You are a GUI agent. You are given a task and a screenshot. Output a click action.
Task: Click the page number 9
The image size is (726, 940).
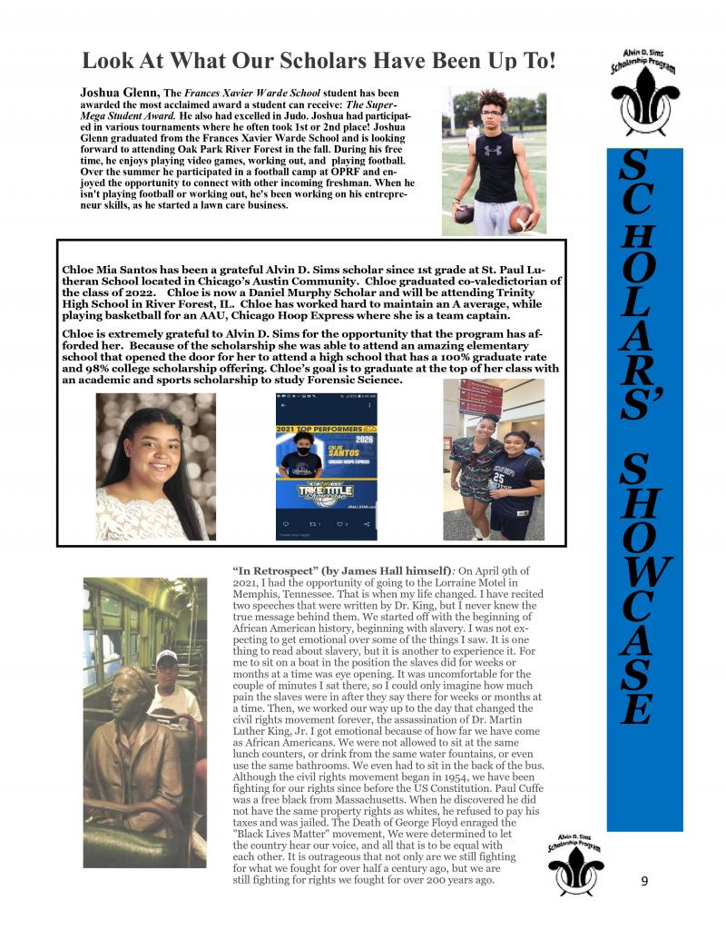tap(644, 880)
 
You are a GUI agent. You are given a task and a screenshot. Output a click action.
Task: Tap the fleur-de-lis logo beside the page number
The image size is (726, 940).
tap(575, 867)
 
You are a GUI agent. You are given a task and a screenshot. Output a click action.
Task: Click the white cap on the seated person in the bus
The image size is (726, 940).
tap(166, 658)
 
